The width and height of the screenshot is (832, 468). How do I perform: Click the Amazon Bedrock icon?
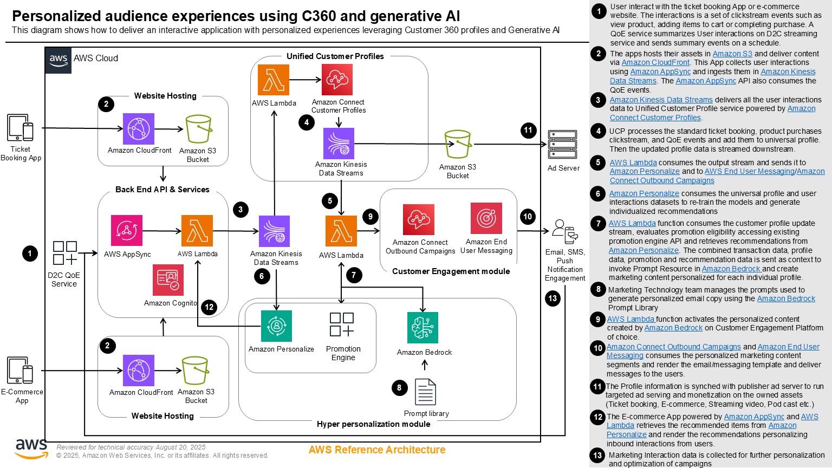[x=422, y=328]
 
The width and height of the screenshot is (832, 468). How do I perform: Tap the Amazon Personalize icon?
[x=276, y=326]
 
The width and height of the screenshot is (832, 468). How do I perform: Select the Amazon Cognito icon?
[x=168, y=280]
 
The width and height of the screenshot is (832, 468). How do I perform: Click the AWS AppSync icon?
[x=127, y=231]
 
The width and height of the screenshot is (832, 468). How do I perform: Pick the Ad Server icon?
[x=562, y=144]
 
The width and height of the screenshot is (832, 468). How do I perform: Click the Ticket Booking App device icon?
[x=21, y=128]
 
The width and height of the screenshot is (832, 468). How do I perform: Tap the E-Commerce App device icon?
[x=21, y=370]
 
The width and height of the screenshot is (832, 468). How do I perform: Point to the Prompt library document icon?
[x=425, y=392]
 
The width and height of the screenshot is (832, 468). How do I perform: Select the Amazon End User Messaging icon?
[x=486, y=218]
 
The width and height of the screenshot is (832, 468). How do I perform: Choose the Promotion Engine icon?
[x=342, y=324]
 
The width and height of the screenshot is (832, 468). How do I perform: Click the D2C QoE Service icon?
[x=65, y=253]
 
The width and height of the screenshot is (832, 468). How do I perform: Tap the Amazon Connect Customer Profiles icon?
[x=337, y=80]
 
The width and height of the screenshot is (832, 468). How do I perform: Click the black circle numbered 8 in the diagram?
[x=399, y=388]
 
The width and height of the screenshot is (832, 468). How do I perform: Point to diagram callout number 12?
[x=209, y=308]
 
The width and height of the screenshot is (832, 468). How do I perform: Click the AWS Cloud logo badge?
[x=58, y=60]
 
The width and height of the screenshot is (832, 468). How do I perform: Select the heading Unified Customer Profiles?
[x=335, y=56]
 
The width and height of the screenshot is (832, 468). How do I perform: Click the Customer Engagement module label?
[x=451, y=271]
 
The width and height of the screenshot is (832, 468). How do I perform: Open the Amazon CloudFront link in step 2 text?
[x=655, y=63]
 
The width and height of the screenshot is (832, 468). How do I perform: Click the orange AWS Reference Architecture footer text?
[x=377, y=450]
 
